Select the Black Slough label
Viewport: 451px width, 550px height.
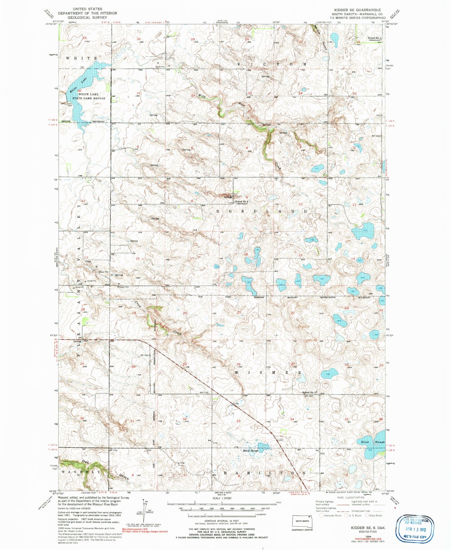coord(251,450)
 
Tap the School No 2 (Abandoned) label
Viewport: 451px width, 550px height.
coord(241,202)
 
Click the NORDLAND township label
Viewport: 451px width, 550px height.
coord(262,211)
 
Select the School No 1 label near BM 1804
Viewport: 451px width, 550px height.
coord(309,392)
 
